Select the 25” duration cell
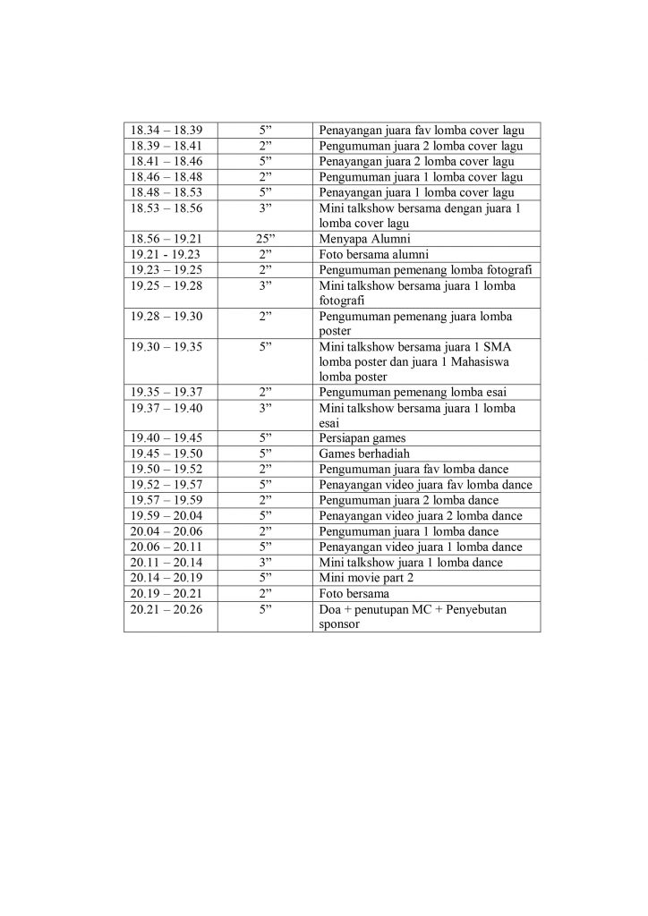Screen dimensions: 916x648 click(x=265, y=239)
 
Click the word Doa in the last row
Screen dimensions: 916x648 click(x=330, y=607)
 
